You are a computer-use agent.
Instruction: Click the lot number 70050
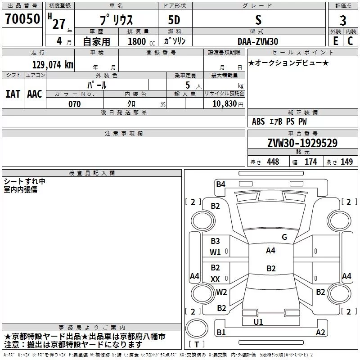coord(22,19)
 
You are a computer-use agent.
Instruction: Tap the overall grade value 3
coord(343,20)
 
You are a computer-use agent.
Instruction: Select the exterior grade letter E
coord(335,41)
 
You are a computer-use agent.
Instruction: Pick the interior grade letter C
coord(350,41)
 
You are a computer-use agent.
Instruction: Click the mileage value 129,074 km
coord(53,64)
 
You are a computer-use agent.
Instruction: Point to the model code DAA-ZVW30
coord(258,41)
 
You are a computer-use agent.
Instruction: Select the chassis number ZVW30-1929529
coord(302,143)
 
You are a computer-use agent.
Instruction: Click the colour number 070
coord(75,104)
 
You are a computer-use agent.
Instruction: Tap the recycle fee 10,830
coord(224,103)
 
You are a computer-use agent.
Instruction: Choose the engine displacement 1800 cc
coord(141,41)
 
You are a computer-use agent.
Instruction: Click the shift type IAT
coord(13,94)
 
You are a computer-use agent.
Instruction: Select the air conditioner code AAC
coord(35,94)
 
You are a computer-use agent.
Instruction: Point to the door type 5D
coord(174,20)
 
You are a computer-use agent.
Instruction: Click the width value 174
coord(310,162)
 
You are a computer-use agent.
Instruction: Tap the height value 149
coord(346,162)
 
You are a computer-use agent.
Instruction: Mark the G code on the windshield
coord(284,237)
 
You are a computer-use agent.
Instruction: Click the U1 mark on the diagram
coord(258,322)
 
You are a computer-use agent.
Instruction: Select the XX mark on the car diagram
coord(215,279)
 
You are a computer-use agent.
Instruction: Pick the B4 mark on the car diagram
coord(220,184)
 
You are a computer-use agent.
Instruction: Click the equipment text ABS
coord(258,121)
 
